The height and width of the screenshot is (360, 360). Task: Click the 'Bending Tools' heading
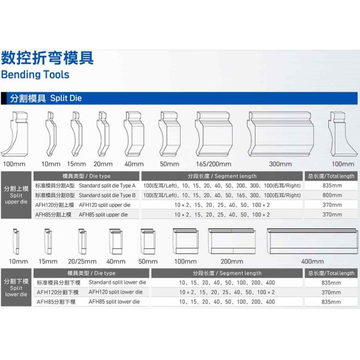click(35, 74)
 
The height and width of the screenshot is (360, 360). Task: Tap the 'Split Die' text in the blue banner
click(66, 98)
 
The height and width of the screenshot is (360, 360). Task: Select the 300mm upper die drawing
click(280, 134)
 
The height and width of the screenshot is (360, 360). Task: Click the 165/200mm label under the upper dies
click(214, 164)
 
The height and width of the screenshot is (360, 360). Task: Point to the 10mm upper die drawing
click(51, 134)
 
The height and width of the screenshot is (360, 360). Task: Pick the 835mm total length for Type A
click(332, 185)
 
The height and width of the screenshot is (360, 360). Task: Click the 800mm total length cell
click(332, 195)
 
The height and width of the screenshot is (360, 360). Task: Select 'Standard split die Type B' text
click(107, 196)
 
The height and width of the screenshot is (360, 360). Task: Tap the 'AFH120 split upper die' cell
click(104, 205)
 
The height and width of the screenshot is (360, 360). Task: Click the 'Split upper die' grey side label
click(16, 195)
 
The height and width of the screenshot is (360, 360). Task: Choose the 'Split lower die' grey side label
click(16, 287)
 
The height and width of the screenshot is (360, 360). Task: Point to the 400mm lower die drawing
click(313, 241)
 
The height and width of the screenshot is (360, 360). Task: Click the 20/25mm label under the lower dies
click(82, 261)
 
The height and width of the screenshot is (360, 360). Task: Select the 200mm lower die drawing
click(232, 241)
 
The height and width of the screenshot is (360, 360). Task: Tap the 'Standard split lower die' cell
click(118, 283)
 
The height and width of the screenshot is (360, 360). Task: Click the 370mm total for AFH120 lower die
click(331, 292)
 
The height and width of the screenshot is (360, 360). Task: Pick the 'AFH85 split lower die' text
click(114, 302)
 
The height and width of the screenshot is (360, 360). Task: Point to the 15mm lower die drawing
click(48, 241)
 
